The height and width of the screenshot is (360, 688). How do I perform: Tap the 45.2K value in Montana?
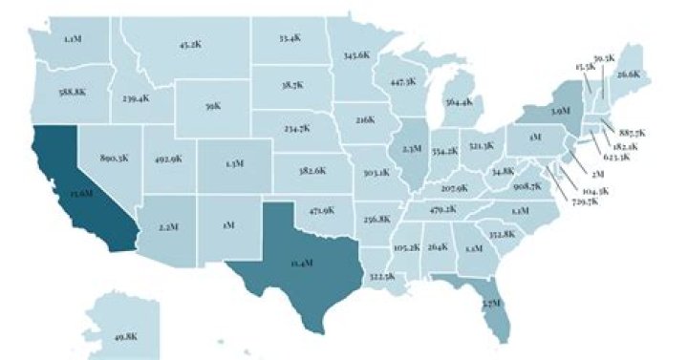click(190, 44)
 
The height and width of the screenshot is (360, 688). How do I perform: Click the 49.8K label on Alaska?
click(125, 335)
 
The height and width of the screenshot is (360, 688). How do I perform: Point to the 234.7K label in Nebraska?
click(297, 127)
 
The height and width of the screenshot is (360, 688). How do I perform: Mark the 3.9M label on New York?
click(561, 112)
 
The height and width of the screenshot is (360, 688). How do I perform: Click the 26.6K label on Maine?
click(628, 74)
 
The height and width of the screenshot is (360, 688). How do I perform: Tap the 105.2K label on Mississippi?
click(406, 246)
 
